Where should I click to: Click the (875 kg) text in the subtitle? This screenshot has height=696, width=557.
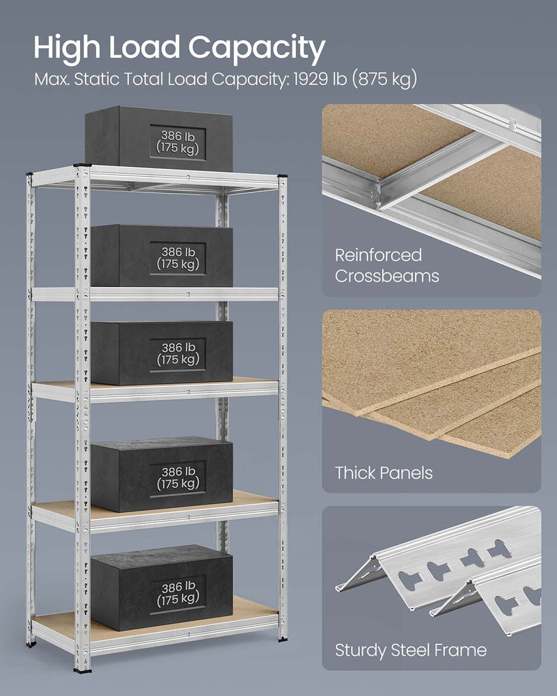(384, 79)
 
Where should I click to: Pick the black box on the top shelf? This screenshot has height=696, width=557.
(159, 138)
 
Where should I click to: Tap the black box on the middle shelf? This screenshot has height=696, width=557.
(162, 353)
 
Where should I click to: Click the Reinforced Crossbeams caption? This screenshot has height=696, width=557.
(387, 265)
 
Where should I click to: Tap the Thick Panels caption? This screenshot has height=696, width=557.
(384, 473)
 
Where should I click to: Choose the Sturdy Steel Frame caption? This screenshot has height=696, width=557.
(411, 651)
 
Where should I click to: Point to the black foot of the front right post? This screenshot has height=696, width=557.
(282, 636)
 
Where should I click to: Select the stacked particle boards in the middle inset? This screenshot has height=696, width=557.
(432, 390)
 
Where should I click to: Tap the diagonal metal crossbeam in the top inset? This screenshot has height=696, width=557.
(446, 174)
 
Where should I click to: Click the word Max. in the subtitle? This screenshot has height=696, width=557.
(51, 79)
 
